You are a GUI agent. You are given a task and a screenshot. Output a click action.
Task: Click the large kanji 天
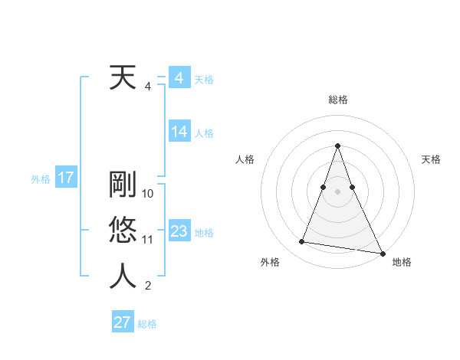coord(123,78)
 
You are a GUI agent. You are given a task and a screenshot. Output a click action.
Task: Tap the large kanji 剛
coord(123,184)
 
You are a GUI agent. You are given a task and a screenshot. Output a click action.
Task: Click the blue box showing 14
coord(179,132)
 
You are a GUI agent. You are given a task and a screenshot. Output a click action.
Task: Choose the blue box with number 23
coord(179,232)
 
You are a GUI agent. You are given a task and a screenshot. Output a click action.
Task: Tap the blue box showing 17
coord(65,178)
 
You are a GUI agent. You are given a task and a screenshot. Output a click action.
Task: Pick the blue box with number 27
coord(122,322)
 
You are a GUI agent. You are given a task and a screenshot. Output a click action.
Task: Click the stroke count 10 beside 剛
coord(148,193)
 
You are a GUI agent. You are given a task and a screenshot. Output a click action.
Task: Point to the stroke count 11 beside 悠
coord(148,240)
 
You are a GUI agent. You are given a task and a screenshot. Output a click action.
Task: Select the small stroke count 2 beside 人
coord(147,286)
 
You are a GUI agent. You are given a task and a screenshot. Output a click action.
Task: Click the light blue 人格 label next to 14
coord(204,133)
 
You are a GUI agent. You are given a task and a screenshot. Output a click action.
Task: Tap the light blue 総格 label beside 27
coord(147,324)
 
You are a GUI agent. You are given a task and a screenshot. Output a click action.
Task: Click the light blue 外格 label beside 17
coord(41,179)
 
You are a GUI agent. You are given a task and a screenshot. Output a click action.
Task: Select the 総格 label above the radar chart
coord(337,100)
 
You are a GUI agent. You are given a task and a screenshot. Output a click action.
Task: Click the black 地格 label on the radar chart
coord(402,262)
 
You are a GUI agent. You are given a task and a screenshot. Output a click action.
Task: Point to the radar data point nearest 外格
coord(301,242)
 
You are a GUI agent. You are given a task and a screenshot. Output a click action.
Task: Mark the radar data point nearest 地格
coord(382,254)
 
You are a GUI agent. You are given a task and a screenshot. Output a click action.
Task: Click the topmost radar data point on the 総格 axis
coord(337,146)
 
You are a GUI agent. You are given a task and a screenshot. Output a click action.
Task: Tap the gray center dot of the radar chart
coord(337,191)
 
